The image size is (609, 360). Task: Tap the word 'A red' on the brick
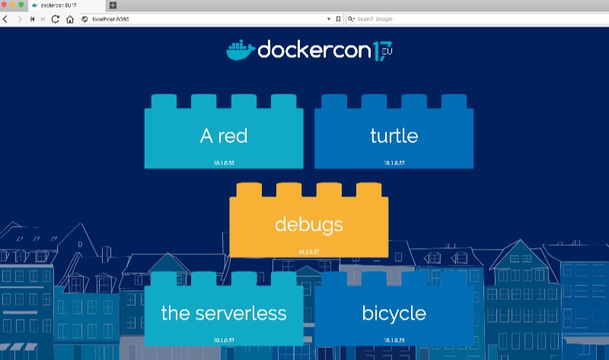pyautogui.click(x=224, y=136)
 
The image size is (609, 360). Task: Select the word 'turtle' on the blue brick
pyautogui.click(x=394, y=136)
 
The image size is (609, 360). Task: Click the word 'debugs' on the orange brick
pyautogui.click(x=308, y=225)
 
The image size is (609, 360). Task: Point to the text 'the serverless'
pyautogui.click(x=224, y=313)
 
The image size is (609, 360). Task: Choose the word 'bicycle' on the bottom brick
pyautogui.click(x=394, y=313)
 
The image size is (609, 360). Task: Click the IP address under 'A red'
pyautogui.click(x=224, y=163)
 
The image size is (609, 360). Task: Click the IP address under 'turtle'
pyautogui.click(x=394, y=163)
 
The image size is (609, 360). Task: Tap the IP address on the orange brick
pyautogui.click(x=309, y=251)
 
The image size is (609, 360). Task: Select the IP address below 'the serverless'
pyautogui.click(x=224, y=339)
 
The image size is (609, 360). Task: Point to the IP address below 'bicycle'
pyautogui.click(x=394, y=339)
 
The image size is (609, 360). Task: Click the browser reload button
pyautogui.click(x=56, y=19)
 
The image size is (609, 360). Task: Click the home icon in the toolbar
pyautogui.click(x=69, y=19)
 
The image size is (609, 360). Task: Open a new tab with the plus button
pyautogui.click(x=113, y=5)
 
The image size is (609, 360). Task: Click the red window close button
pyautogui.click(x=5, y=5)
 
